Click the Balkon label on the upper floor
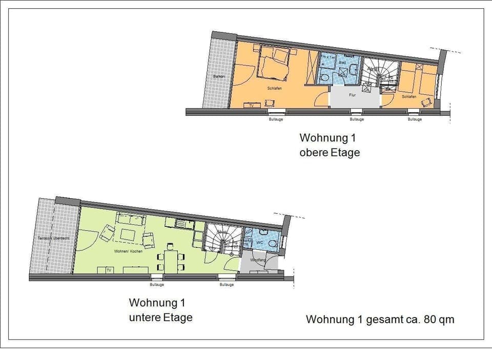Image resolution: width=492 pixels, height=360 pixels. point(219,76)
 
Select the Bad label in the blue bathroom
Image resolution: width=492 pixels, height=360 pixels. point(343,63)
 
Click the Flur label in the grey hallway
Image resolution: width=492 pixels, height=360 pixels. point(352,95)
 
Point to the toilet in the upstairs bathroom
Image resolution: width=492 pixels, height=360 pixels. point(324,77)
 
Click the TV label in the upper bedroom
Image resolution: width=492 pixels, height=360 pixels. point(251,105)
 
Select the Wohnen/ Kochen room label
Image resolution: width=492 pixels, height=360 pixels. point(128,251)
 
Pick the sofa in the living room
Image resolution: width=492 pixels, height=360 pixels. point(131,220)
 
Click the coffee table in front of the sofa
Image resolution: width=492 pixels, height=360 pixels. point(129,235)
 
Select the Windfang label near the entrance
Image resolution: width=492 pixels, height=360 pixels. point(258,260)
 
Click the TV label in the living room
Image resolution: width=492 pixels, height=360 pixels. point(108,270)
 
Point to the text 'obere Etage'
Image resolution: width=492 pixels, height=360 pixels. point(330,153)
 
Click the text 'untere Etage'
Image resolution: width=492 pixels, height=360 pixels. point(160,317)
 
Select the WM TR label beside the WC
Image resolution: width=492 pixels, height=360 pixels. point(248,242)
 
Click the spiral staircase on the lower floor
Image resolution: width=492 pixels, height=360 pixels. point(223,238)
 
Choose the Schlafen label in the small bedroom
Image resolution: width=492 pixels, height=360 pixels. point(409,96)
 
